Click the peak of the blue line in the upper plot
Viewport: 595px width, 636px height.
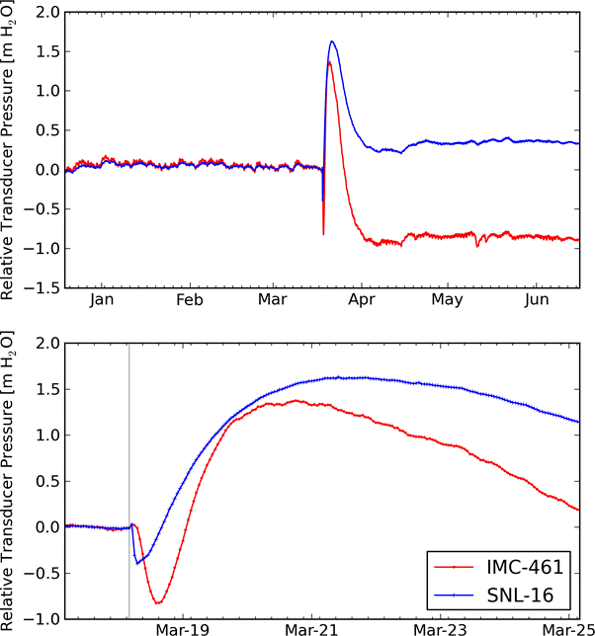pos(332,41)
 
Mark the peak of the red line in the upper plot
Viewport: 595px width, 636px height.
pos(328,62)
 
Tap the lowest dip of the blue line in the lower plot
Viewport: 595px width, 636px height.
pos(137,563)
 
